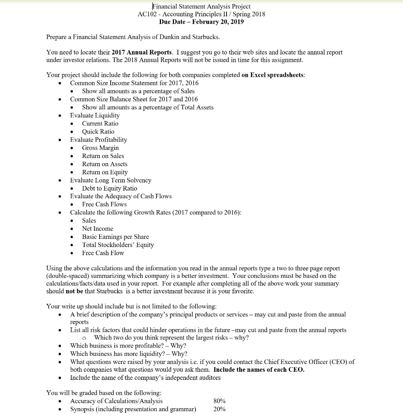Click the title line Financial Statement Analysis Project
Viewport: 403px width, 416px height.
(201, 6)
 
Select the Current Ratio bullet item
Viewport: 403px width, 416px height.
(100, 123)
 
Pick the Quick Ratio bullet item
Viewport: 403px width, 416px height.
(98, 132)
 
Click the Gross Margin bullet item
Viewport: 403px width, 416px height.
(100, 148)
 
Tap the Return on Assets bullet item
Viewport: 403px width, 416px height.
(105, 164)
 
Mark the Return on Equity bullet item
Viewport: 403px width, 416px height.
(105, 172)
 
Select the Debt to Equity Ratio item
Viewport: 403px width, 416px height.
(109, 188)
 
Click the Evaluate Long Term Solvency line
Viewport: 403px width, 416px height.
(111, 180)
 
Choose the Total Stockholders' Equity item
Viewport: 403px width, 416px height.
(118, 245)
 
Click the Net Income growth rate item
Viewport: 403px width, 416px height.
(98, 229)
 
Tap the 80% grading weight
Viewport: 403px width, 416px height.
(220, 401)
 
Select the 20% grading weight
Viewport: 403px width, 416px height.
(220, 409)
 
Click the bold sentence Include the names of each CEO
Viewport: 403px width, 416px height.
(259, 370)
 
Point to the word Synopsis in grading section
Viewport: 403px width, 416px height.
(83, 409)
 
